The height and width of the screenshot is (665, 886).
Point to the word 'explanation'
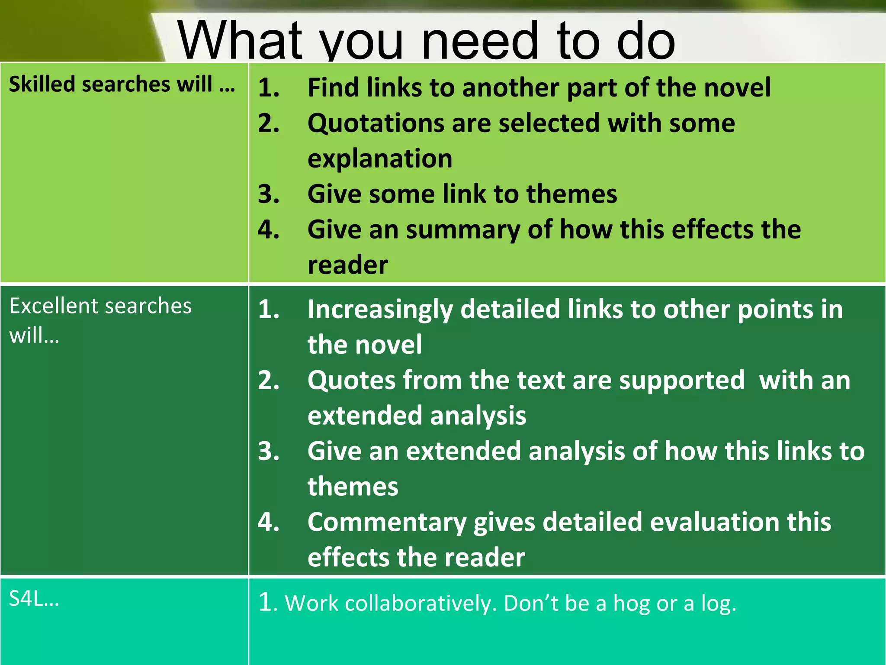click(x=380, y=159)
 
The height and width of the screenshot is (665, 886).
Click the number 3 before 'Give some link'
click(x=268, y=194)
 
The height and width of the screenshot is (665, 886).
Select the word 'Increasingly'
click(x=380, y=310)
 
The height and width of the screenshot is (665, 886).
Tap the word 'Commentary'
click(x=387, y=523)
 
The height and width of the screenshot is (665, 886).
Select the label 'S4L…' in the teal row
click(x=34, y=599)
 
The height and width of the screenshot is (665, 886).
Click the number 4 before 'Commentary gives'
click(x=268, y=522)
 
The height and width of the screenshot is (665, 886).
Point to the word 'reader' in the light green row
click(x=347, y=265)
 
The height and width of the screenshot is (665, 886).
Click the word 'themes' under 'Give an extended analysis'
click(x=353, y=487)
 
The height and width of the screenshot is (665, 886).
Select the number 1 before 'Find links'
click(x=267, y=88)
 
